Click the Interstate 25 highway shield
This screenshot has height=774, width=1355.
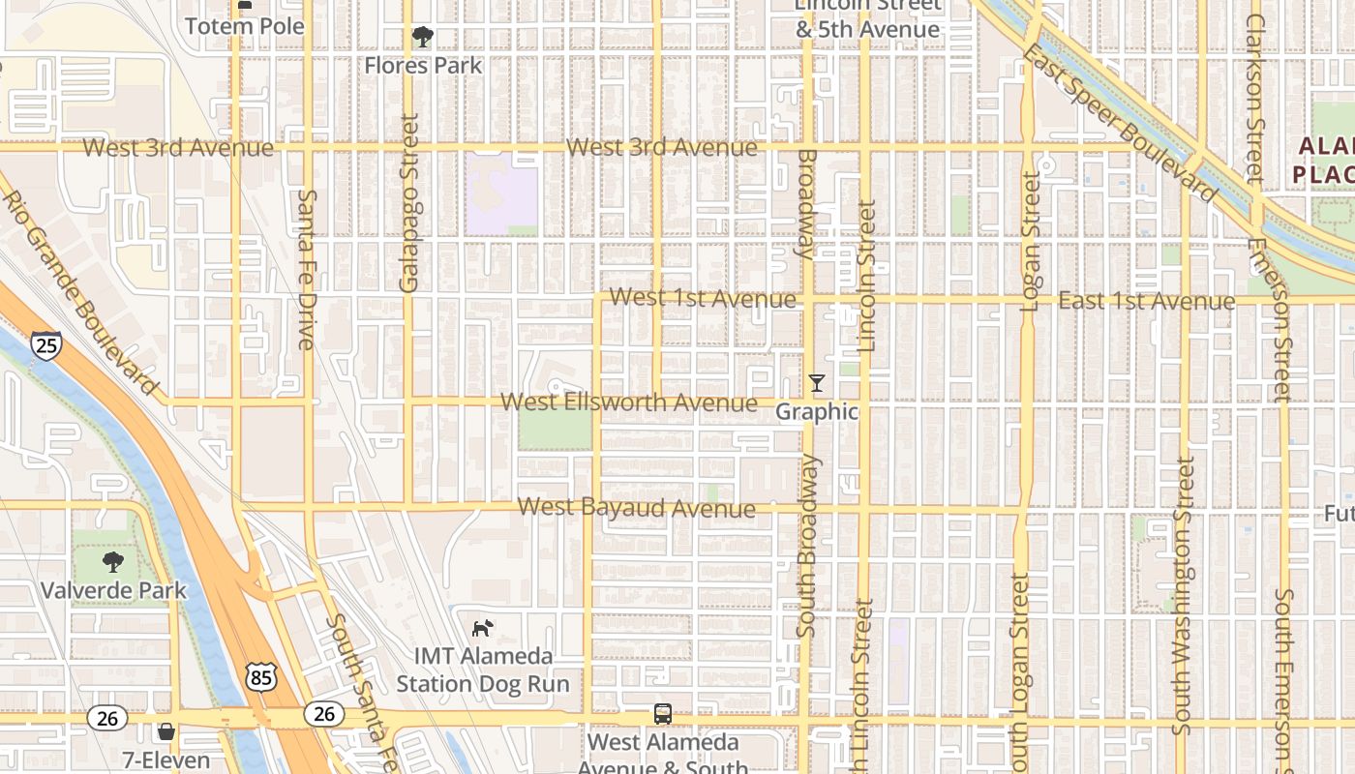(45, 344)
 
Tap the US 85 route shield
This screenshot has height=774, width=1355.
(260, 678)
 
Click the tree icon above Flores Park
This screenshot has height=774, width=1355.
(422, 38)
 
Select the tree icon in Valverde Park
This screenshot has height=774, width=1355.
(113, 561)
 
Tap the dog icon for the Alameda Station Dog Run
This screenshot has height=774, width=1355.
(481, 629)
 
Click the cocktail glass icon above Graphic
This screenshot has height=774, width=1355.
(817, 383)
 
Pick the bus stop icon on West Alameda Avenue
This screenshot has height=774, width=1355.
(662, 714)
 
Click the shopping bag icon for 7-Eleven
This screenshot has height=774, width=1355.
(166, 730)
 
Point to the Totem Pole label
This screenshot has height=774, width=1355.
(244, 26)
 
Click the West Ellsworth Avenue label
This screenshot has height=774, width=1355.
(629, 402)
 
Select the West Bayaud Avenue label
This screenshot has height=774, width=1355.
(636, 508)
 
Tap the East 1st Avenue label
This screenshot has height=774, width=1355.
(1146, 301)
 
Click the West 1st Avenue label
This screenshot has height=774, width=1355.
(704, 298)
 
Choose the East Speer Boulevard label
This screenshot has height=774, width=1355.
(1120, 123)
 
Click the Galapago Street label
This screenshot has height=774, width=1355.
(409, 203)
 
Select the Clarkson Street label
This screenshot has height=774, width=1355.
(1255, 97)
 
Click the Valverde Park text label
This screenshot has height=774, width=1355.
(113, 590)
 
